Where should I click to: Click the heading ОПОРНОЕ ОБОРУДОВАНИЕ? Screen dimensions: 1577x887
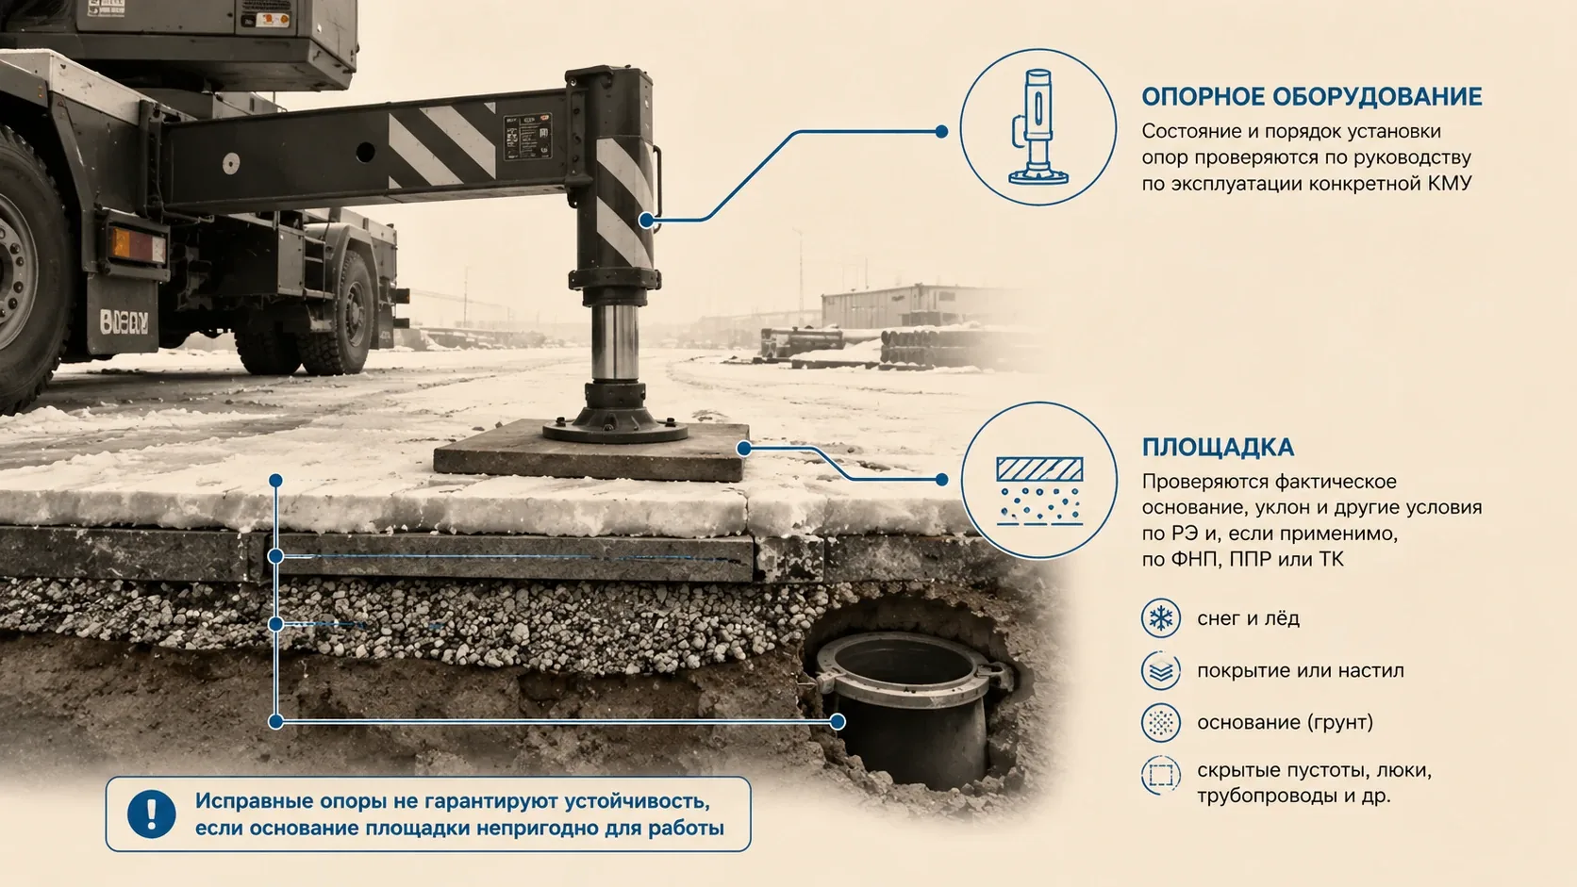1312,96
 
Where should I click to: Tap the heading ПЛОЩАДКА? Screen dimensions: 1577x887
1218,448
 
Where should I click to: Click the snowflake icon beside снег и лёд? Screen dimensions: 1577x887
1160,618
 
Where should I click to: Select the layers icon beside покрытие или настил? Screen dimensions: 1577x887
1160,670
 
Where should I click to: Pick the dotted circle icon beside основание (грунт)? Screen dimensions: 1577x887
1160,722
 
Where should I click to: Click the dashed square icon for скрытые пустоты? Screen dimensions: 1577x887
1160,775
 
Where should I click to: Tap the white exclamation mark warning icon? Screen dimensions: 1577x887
151,813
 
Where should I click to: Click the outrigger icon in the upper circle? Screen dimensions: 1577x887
1037,126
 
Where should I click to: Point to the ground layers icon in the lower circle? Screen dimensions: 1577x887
1039,491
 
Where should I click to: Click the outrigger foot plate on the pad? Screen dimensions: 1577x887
615,424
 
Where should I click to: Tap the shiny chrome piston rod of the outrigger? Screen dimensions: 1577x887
614,342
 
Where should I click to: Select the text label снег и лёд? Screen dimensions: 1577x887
1248,618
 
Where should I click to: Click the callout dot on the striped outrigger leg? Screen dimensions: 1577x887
646,221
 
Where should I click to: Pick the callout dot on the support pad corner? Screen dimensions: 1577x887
744,449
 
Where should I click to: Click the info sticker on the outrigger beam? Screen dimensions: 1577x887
527,137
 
